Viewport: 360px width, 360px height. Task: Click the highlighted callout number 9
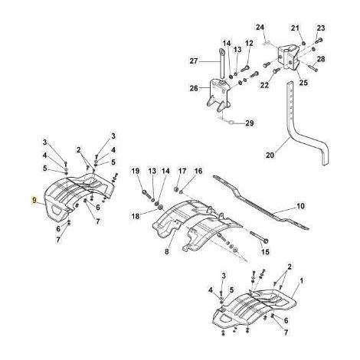coord(34,200)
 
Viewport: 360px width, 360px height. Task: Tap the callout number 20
coord(270,155)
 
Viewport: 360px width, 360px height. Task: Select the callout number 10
coord(300,205)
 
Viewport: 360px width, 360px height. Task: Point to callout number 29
coord(250,123)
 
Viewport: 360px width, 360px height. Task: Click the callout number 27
coord(194,61)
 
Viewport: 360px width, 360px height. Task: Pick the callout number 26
coord(194,88)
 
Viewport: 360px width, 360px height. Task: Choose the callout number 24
coord(260,27)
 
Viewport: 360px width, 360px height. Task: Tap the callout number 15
coord(266,252)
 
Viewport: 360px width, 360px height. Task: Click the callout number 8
coord(166,252)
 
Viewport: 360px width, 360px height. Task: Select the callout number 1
coord(302,281)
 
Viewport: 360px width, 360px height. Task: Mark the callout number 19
coord(136,171)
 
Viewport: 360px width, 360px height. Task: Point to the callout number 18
coord(136,216)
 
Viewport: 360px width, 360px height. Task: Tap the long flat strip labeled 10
coord(260,201)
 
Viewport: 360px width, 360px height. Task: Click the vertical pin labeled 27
coord(221,63)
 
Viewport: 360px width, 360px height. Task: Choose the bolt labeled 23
coord(319,40)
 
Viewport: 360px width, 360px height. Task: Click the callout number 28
coord(321,59)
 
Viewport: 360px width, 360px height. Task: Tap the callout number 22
coord(264,85)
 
